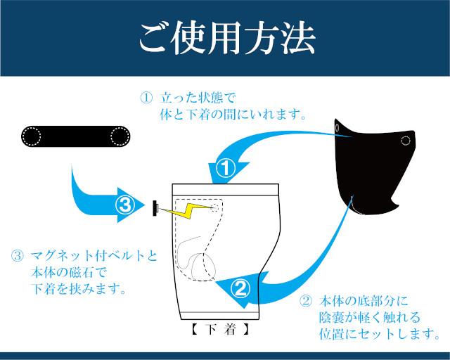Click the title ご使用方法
(226, 39)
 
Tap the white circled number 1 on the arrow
(224, 169)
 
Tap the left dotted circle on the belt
(32, 136)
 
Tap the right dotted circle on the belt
(121, 136)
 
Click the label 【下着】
(217, 328)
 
